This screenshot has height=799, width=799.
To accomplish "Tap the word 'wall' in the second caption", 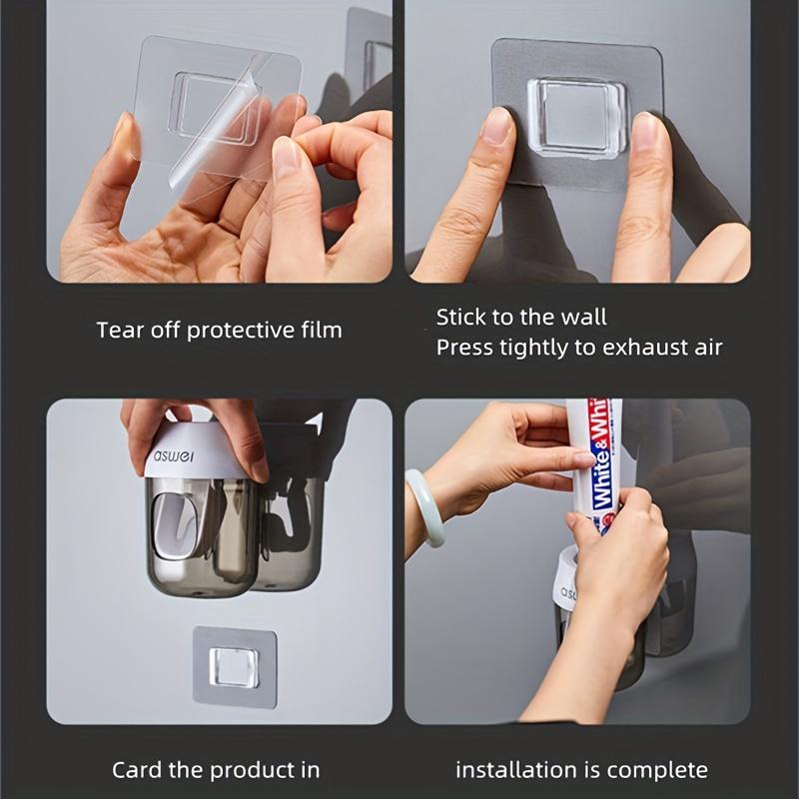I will click(x=583, y=318).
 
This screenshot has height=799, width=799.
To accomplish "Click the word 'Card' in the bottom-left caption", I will click(x=135, y=769).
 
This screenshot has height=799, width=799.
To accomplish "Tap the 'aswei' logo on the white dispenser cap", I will click(x=175, y=458).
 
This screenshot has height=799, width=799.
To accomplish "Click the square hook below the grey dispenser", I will click(x=234, y=666).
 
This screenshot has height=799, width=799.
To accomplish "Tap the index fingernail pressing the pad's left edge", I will click(x=495, y=129).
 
